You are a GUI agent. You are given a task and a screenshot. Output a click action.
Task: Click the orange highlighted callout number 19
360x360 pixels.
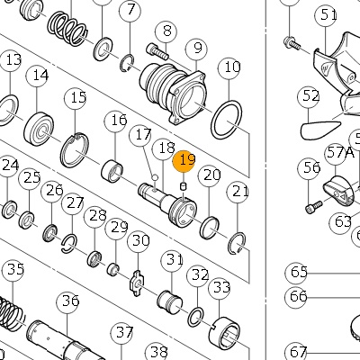[x=184, y=161]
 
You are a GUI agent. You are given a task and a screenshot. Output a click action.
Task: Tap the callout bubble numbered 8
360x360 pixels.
[x=166, y=31]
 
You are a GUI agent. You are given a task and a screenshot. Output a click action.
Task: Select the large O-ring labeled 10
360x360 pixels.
[x=227, y=120]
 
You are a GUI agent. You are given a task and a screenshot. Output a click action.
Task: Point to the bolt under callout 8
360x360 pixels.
[x=157, y=51]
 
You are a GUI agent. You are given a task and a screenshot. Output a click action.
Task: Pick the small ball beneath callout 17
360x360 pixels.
[x=155, y=177]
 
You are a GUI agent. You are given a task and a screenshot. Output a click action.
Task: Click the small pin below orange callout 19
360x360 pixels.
[x=184, y=186]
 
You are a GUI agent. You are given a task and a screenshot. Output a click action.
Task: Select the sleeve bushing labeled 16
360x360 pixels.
[x=112, y=171]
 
